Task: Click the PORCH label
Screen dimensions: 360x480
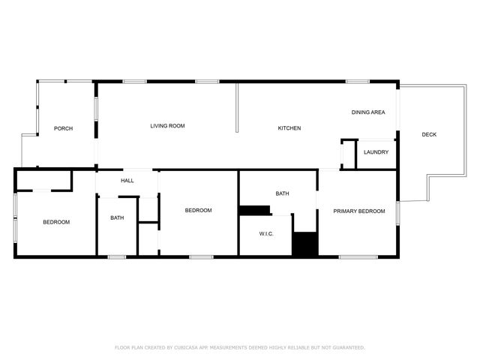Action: tap(63, 128)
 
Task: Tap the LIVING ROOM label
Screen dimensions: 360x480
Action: tap(167, 126)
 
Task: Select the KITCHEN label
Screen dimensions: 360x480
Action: tap(289, 128)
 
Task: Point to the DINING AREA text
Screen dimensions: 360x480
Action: tap(368, 112)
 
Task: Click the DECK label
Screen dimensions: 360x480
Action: tap(428, 135)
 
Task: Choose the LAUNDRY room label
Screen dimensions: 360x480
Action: tap(376, 152)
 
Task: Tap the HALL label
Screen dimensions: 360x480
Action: tap(127, 181)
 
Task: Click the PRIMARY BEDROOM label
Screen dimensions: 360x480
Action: tap(359, 211)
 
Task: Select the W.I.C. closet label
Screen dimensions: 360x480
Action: tap(266, 234)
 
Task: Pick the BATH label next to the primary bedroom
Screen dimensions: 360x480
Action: tap(282, 194)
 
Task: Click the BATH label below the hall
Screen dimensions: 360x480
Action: tap(117, 218)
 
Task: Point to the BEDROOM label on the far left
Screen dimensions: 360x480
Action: tap(56, 222)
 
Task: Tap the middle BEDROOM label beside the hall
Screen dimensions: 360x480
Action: tap(198, 211)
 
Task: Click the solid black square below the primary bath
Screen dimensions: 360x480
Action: tap(305, 244)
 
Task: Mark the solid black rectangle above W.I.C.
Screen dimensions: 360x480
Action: tap(254, 210)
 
